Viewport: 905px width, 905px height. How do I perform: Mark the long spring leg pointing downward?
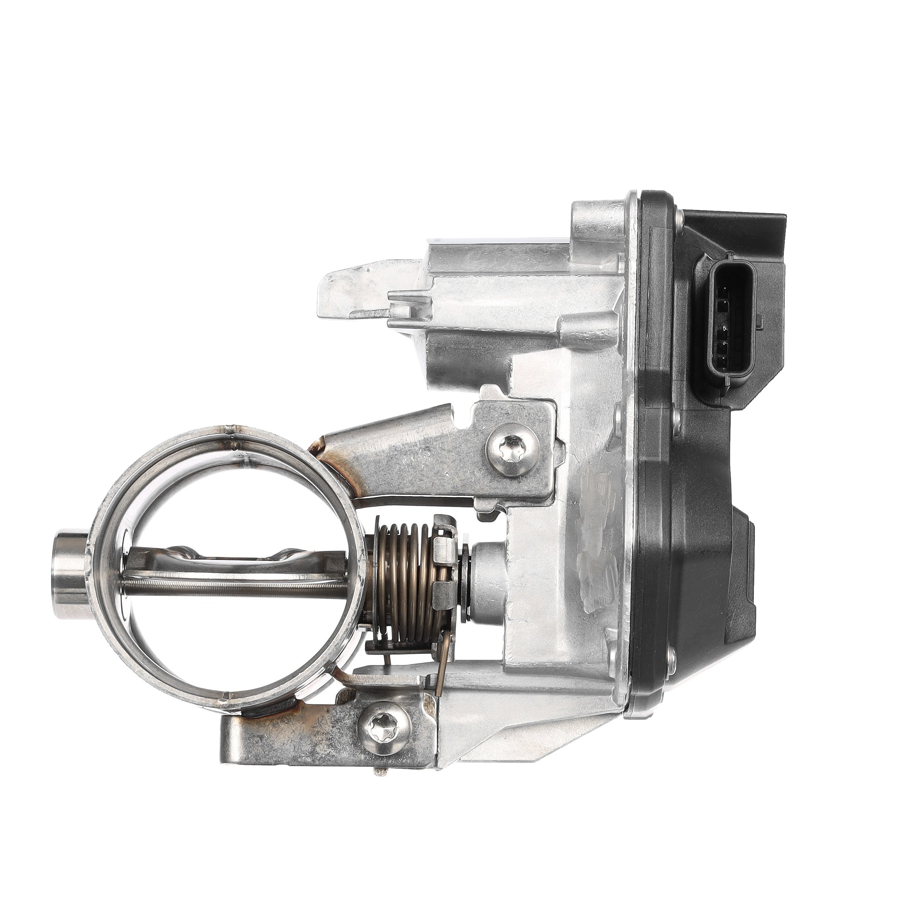(x=442, y=665)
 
